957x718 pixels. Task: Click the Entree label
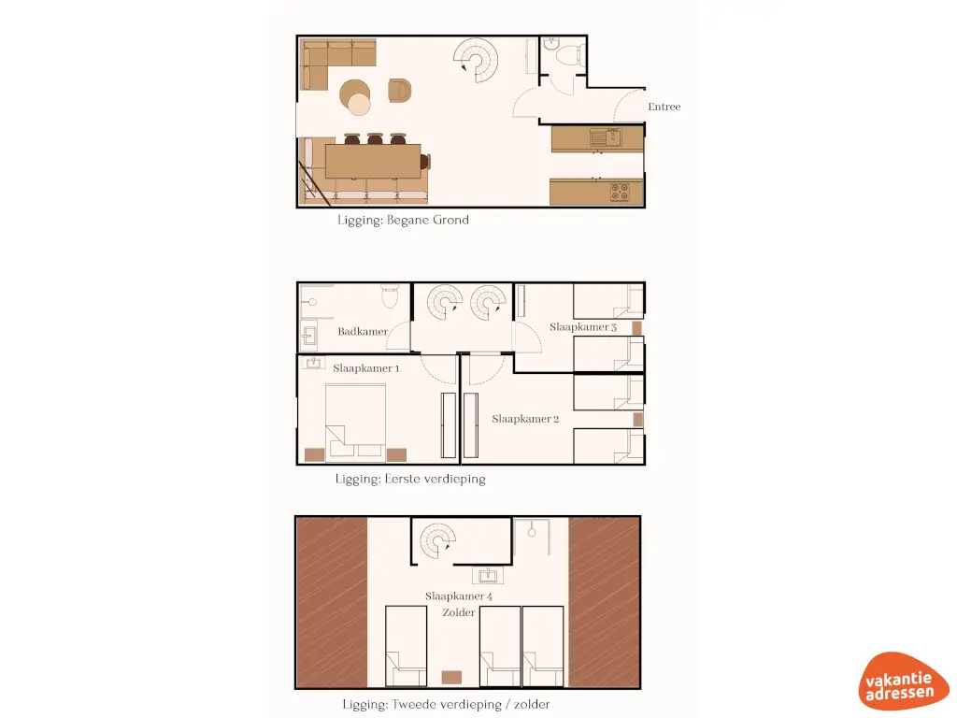pos(664,107)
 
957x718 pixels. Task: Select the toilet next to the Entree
pos(566,57)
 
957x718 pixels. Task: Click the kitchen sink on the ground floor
pos(600,138)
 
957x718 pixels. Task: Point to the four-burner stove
pos(621,193)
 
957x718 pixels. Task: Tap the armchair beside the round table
pos(399,91)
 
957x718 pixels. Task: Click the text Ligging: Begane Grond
pos(403,221)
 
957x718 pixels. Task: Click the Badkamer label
pos(362,331)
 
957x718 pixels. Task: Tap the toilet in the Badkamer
pos(391,297)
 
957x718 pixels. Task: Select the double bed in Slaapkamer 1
pos(354,423)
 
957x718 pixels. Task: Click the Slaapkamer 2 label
pos(525,419)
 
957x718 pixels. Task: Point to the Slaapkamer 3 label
pos(582,327)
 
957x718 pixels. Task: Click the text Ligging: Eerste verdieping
pos(410,479)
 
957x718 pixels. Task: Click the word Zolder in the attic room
pos(459,612)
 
